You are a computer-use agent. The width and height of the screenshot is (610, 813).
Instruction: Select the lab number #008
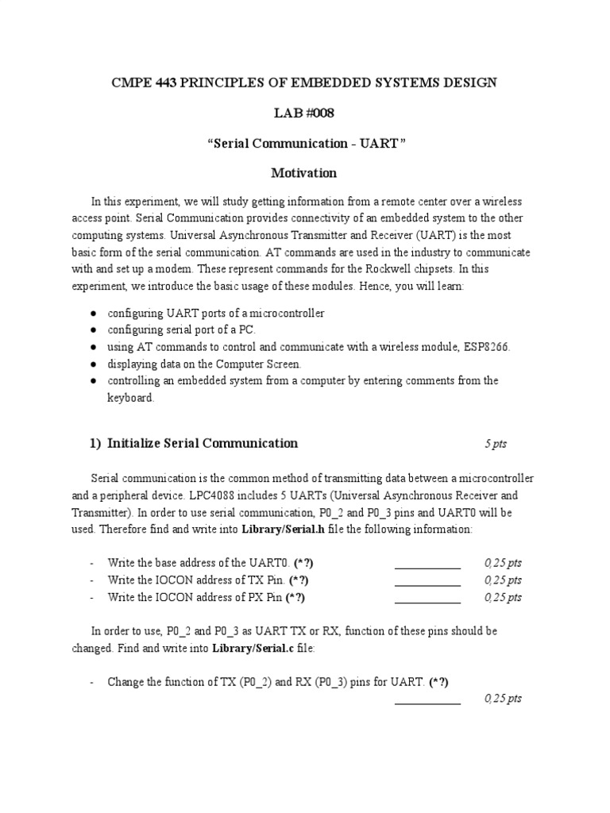point(317,113)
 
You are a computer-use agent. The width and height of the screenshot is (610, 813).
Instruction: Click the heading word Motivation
point(304,172)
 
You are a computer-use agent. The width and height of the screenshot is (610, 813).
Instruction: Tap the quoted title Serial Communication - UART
point(304,143)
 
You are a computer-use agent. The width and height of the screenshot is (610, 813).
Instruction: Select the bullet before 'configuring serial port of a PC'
point(93,329)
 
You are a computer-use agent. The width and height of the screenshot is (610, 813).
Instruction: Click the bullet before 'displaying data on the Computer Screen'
point(93,364)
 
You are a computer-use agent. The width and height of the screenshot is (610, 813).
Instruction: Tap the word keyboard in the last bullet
point(130,398)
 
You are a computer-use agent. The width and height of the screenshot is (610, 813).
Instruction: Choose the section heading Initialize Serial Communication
point(203,443)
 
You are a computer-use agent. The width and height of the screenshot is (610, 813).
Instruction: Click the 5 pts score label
point(496,444)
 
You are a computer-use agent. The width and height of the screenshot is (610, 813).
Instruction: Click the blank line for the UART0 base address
point(427,567)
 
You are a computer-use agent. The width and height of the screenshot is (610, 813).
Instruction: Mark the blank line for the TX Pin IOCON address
point(427,584)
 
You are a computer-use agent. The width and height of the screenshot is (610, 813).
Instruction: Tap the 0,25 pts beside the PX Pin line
point(503,597)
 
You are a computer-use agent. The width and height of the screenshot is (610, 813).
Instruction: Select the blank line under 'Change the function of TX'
point(427,702)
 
